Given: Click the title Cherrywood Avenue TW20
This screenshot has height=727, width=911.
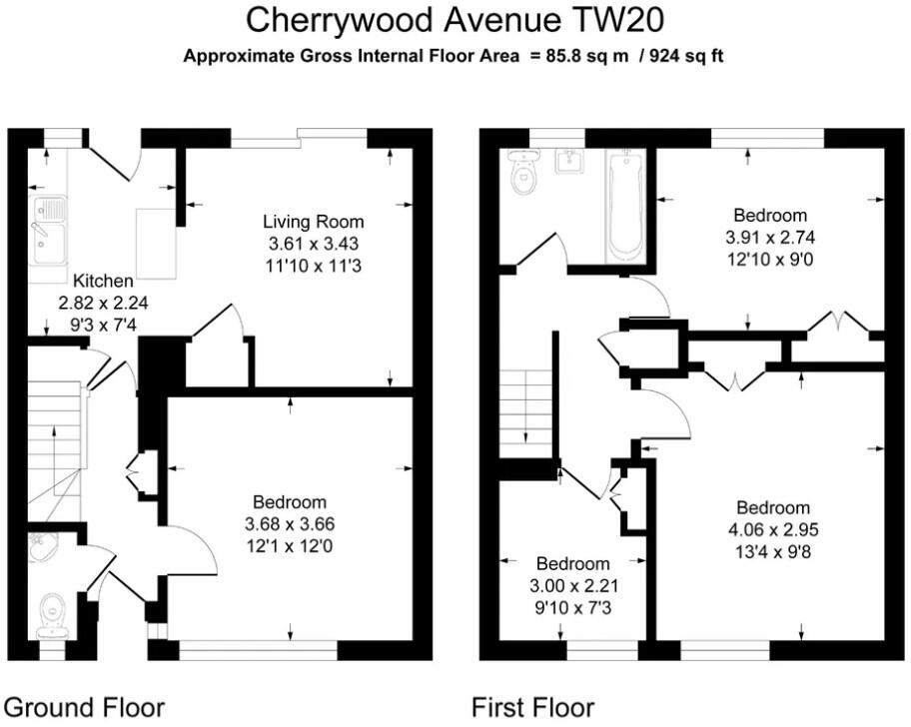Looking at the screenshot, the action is [455, 20].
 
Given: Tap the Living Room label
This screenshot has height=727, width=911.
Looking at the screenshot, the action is [314, 222].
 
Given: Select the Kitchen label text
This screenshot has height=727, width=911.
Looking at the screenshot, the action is [103, 281].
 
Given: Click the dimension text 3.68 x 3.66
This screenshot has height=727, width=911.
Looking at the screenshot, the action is [290, 524].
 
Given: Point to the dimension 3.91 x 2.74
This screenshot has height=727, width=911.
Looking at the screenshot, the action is [770, 238].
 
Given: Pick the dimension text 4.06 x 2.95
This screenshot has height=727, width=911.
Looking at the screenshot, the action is [773, 529].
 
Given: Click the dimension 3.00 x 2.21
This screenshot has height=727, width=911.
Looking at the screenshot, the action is [572, 586].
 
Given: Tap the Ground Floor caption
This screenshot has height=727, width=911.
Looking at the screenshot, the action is [84, 708].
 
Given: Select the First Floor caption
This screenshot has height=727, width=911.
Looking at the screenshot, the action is [532, 708].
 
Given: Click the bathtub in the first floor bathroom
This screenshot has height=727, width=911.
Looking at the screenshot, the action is [625, 204].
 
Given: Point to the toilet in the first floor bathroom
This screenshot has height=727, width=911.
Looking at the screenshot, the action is [523, 172].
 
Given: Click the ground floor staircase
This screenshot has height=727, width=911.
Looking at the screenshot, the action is [56, 450].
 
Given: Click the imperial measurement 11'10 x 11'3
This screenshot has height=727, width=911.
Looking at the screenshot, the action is [314, 266].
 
